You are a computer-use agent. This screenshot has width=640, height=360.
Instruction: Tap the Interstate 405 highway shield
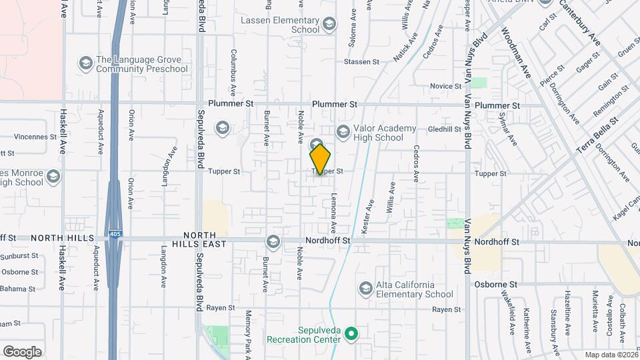(116, 234)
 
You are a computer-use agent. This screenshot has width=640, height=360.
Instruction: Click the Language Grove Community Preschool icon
(85, 63)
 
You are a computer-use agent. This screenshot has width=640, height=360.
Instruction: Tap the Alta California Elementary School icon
(365, 288)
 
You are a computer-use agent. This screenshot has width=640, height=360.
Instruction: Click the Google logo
(22, 351)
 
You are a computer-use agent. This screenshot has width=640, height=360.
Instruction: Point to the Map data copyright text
(611, 355)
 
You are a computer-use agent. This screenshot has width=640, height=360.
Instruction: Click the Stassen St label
(361, 61)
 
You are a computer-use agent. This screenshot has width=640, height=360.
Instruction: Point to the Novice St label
(446, 86)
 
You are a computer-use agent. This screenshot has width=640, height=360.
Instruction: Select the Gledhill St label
(445, 129)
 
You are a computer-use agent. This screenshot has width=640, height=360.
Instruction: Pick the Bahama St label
(19, 288)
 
